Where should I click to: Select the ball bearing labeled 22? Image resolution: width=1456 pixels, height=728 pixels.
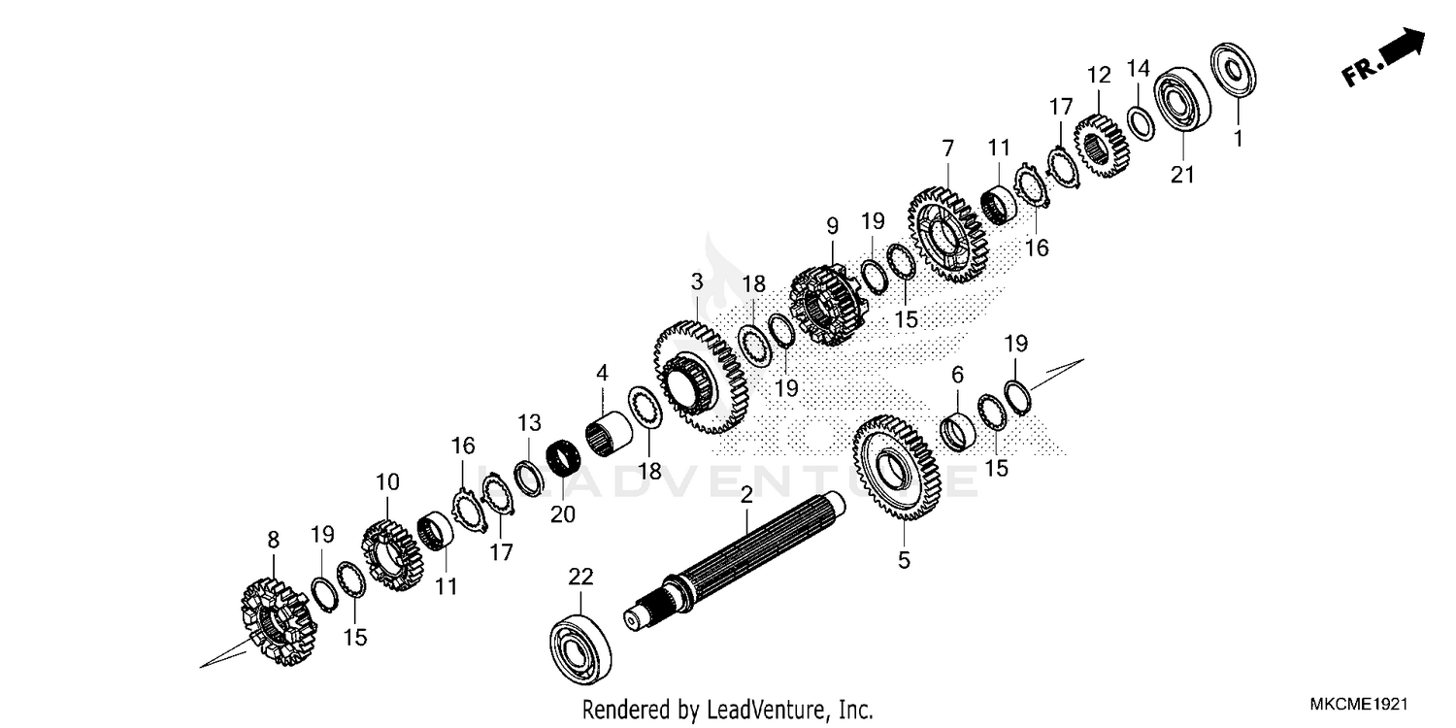[580, 645]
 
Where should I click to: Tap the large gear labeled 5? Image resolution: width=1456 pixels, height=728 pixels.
[896, 469]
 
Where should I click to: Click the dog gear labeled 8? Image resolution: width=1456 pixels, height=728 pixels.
[276, 622]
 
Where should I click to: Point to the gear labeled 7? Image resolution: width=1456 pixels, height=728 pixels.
[947, 234]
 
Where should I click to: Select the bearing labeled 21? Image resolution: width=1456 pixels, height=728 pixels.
[1180, 101]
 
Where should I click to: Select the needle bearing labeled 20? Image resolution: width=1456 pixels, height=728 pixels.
[562, 459]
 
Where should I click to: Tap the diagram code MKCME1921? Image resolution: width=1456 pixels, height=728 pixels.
[1354, 703]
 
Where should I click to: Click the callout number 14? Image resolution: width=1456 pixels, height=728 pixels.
[1138, 68]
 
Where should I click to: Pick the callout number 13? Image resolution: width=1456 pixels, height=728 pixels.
[527, 423]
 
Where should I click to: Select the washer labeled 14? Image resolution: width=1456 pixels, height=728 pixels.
[1140, 124]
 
